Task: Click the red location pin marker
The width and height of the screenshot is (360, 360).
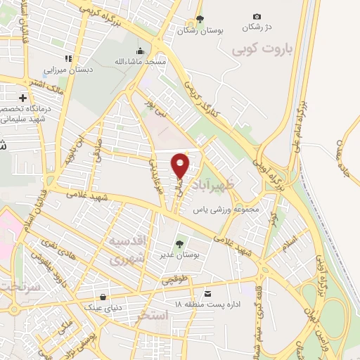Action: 181,165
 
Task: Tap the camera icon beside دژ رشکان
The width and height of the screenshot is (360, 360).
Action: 257,17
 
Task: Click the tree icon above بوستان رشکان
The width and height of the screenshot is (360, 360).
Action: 200,20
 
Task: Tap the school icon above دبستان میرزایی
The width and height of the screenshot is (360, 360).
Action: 67,58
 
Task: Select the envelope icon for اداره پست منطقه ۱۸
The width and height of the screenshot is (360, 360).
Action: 207,292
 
